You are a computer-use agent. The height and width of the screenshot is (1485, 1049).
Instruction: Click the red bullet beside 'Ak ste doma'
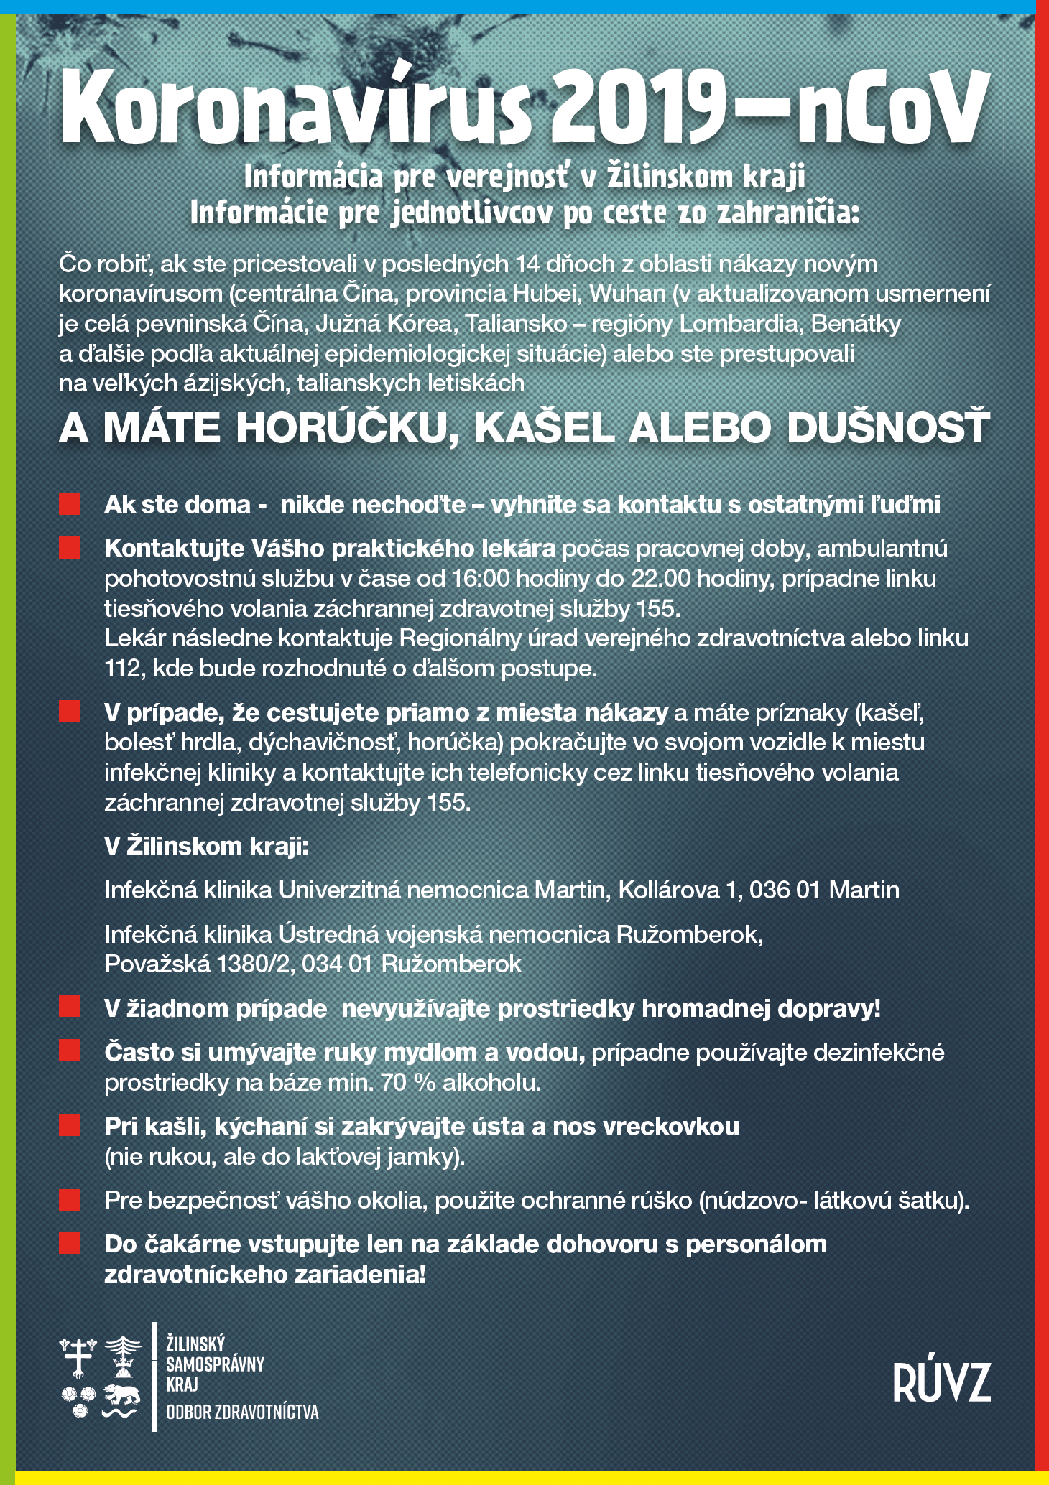(x=70, y=504)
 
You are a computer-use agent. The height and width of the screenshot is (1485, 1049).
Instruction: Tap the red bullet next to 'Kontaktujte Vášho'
(x=70, y=548)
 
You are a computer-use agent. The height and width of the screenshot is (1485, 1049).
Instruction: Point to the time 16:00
(x=479, y=579)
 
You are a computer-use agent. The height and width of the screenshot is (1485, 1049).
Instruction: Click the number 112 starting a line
(x=121, y=669)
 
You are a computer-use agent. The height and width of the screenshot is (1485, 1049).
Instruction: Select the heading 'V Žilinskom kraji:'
(x=206, y=846)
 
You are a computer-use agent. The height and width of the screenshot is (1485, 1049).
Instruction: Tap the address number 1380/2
(x=255, y=964)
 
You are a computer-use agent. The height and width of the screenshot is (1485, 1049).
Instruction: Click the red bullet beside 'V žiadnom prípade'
(x=70, y=1007)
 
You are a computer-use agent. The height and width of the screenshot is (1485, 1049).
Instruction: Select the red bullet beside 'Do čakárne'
(x=70, y=1243)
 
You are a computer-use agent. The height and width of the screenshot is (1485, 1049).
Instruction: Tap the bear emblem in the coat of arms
(x=120, y=1395)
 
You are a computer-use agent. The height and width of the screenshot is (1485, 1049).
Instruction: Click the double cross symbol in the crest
(x=78, y=1354)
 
